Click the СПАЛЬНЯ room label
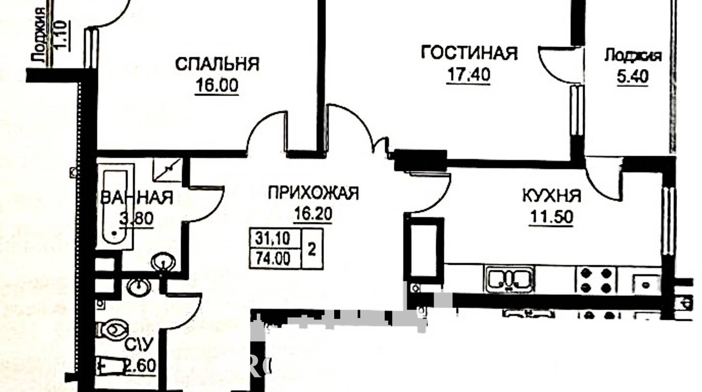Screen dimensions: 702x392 click(x=217, y=64)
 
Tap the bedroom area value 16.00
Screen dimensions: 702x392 click(x=216, y=86)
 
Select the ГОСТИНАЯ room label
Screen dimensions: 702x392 click(x=469, y=53)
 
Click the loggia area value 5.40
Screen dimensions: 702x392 click(x=633, y=76)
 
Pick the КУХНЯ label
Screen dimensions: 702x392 click(x=552, y=196)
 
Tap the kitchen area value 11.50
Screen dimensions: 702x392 click(x=551, y=217)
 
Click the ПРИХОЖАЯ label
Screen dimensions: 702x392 click(x=313, y=193)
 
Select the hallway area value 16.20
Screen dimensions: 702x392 click(x=313, y=214)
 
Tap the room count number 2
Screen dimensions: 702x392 click(x=312, y=250)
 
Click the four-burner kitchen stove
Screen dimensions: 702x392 click(x=596, y=280)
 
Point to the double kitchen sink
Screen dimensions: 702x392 click(x=509, y=280)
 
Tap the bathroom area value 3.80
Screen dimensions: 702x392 click(x=137, y=219)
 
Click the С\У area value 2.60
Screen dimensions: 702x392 click(x=140, y=366)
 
